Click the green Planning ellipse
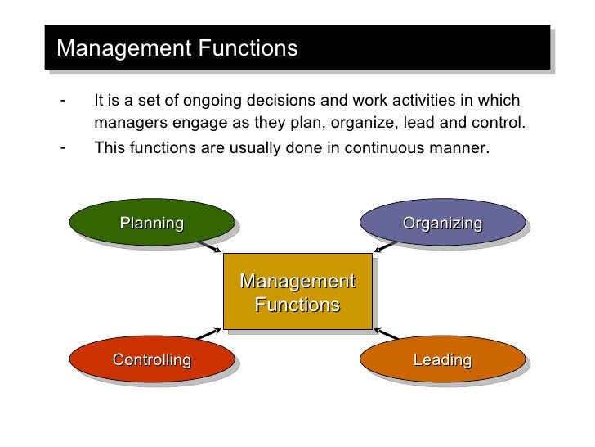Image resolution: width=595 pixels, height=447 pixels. (152, 222)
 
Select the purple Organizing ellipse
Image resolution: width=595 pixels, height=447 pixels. (442, 223)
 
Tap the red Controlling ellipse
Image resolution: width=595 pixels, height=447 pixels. (152, 359)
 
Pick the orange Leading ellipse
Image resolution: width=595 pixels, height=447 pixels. (442, 359)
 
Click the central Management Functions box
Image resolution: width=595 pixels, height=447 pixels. (297, 293)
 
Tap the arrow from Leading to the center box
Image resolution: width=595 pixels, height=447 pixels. (385, 336)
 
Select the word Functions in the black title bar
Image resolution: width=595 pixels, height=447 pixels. (246, 48)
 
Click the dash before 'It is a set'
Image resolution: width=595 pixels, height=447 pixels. (63, 102)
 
